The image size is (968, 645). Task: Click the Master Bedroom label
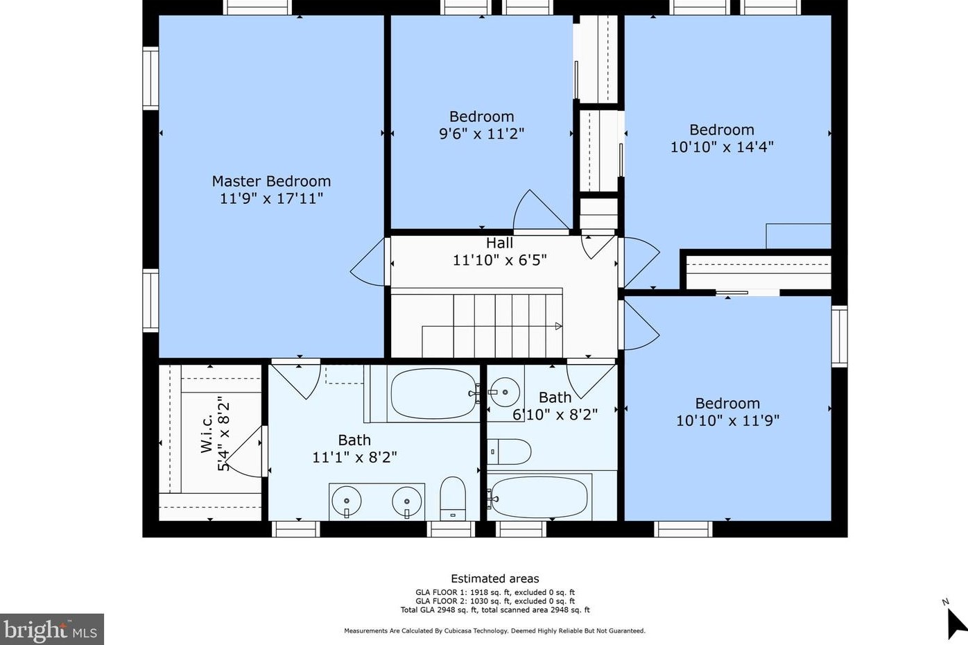tap(271, 181)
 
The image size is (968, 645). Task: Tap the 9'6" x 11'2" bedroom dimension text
tap(481, 134)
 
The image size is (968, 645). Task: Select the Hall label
tap(499, 243)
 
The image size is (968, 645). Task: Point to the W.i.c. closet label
tap(207, 433)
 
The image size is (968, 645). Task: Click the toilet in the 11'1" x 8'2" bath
tap(453, 499)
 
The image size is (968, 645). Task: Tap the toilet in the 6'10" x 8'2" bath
tap(509, 452)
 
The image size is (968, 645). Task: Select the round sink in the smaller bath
tap(505, 392)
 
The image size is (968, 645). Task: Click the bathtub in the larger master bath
tap(434, 393)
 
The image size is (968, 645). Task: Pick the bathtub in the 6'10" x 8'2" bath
tap(539, 497)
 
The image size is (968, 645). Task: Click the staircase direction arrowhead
tap(558, 326)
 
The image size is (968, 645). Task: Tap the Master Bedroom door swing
tap(368, 262)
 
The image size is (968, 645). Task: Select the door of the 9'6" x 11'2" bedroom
tap(541, 210)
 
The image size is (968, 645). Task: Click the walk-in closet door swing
tap(243, 452)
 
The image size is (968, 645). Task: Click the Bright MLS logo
tap(51, 629)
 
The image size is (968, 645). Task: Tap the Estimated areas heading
tap(495, 579)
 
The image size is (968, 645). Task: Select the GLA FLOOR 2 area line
tap(495, 601)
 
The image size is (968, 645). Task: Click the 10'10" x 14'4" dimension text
tap(722, 147)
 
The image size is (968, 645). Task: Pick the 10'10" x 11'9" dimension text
tap(727, 420)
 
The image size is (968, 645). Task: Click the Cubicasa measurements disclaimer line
tap(495, 630)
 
